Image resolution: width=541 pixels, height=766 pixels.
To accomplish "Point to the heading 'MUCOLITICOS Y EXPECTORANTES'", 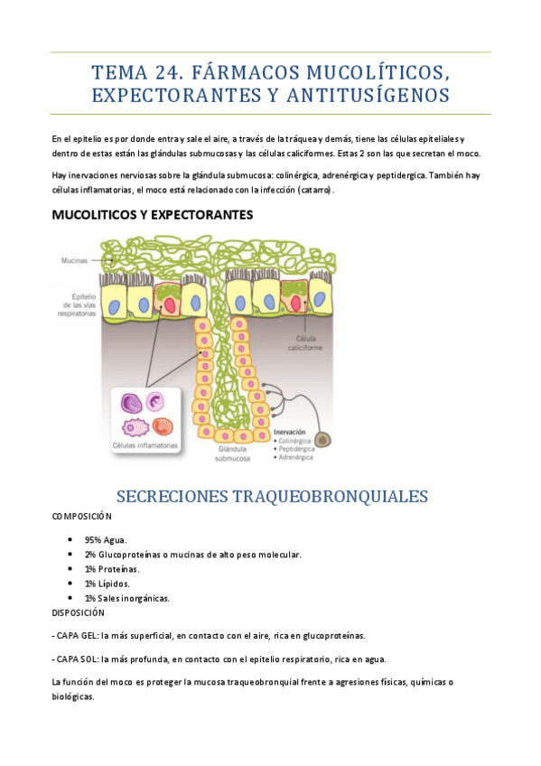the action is pos(153,215).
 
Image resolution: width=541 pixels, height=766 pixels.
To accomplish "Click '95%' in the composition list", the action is pos(94,539).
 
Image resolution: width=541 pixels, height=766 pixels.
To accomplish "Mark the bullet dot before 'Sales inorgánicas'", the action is pos(70,597).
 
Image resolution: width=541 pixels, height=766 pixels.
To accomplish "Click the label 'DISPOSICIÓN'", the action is pos(79,612).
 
